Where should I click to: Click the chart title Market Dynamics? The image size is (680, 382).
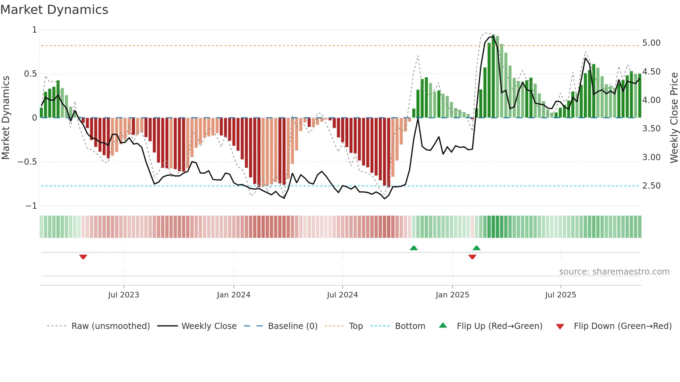(x=54, y=10)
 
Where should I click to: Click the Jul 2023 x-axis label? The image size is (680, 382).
(x=124, y=295)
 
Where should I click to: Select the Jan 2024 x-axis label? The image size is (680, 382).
(x=233, y=295)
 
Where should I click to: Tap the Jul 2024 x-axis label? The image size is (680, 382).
(x=342, y=295)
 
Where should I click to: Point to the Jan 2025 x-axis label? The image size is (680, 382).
(x=452, y=295)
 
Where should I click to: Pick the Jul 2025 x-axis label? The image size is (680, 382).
(x=560, y=295)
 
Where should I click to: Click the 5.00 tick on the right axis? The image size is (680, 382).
(x=651, y=43)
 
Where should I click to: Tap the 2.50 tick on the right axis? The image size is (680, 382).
(x=651, y=186)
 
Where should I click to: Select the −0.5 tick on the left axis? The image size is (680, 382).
(x=27, y=162)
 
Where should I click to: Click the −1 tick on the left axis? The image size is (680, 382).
(x=31, y=206)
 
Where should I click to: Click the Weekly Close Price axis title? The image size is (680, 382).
(x=674, y=118)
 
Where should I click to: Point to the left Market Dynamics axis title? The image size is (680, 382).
(x=6, y=118)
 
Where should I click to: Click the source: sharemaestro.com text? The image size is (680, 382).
(x=614, y=272)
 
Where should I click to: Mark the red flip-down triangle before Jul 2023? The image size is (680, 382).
(x=83, y=257)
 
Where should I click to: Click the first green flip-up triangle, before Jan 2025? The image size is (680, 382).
(x=414, y=248)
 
